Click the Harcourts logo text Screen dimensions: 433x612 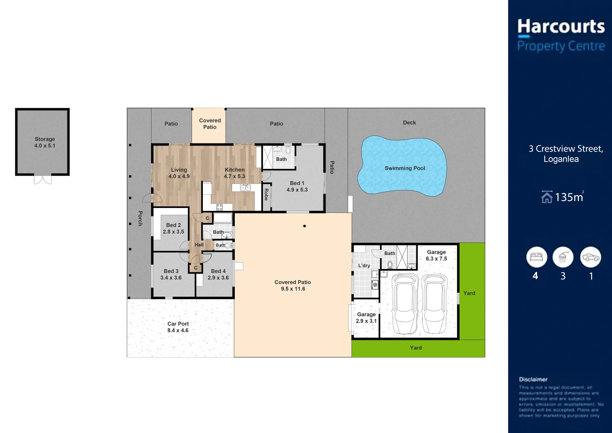(561, 26)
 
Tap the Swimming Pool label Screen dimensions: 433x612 (405, 168)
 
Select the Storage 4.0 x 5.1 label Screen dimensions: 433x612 (45, 142)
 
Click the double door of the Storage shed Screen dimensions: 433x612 (43, 180)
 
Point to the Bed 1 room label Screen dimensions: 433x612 (297, 186)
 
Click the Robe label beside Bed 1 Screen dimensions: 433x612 (266, 194)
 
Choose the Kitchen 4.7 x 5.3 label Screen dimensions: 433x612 (234, 173)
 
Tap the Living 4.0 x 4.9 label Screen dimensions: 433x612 (179, 173)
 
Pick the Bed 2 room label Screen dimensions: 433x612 (174, 229)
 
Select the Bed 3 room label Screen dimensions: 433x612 (171, 274)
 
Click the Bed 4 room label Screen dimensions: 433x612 (218, 274)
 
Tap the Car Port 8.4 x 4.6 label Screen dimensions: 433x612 (178, 327)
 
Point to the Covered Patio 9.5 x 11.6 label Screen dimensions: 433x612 (293, 285)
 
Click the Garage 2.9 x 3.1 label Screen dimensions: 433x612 (366, 318)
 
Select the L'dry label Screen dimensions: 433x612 (364, 265)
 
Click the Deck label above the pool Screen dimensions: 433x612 (410, 123)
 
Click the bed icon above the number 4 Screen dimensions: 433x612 (537, 257)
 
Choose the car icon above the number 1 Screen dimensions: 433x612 (590, 257)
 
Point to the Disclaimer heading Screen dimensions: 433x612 (533, 379)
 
